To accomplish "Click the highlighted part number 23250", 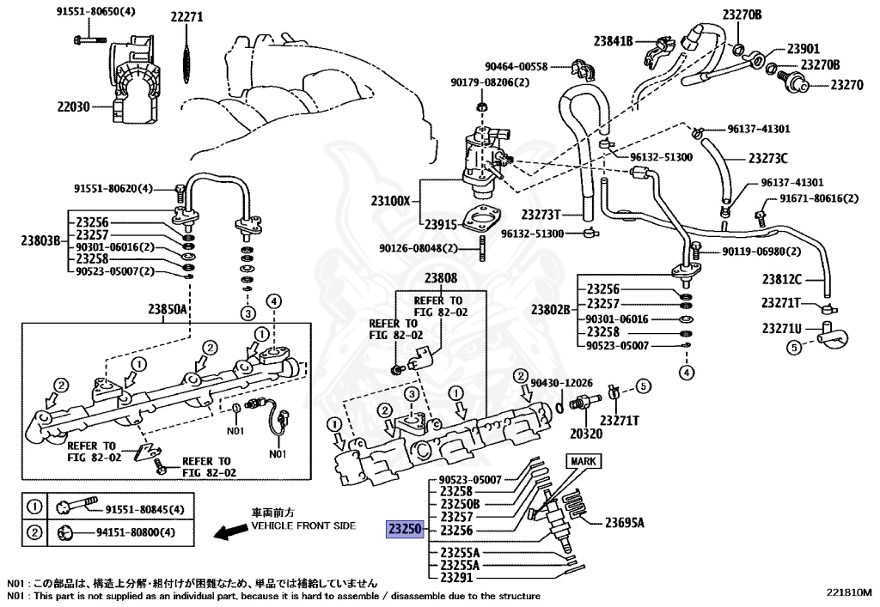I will pyautogui.click(x=403, y=529).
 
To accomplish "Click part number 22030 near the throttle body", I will pyautogui.click(x=74, y=106).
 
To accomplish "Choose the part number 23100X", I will pyautogui.click(x=391, y=202).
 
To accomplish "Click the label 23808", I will pyautogui.click(x=440, y=278).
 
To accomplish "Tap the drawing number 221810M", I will pyautogui.click(x=849, y=592).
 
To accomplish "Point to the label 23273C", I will pyautogui.click(x=767, y=158).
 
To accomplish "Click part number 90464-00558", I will pyautogui.click(x=516, y=65).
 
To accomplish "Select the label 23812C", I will pyautogui.click(x=780, y=278).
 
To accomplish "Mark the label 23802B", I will pyautogui.click(x=551, y=309).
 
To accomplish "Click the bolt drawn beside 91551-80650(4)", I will pyautogui.click(x=83, y=39).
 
